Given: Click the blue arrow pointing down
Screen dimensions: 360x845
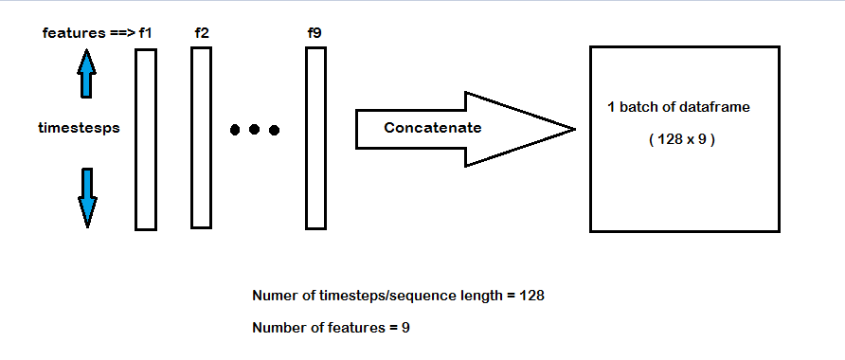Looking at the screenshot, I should click(x=87, y=196).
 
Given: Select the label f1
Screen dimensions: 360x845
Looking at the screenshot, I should click(x=145, y=33).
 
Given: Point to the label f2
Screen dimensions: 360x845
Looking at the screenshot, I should click(x=201, y=33).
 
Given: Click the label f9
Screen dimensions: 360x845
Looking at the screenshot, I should click(x=315, y=33).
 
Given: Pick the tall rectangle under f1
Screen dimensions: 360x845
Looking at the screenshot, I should click(x=145, y=139).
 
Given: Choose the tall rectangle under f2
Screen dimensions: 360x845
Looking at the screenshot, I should click(x=200, y=138).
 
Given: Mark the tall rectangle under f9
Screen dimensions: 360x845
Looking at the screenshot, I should click(x=315, y=138).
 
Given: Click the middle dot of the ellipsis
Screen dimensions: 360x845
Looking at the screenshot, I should click(x=255, y=130).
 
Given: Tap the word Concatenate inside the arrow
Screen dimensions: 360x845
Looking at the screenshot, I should click(x=432, y=128).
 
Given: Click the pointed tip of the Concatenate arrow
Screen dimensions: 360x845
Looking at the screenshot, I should click(x=572, y=129).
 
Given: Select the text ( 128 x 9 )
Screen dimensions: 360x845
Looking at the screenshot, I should click(x=681, y=139).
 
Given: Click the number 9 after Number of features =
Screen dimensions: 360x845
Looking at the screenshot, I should click(x=405, y=327).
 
